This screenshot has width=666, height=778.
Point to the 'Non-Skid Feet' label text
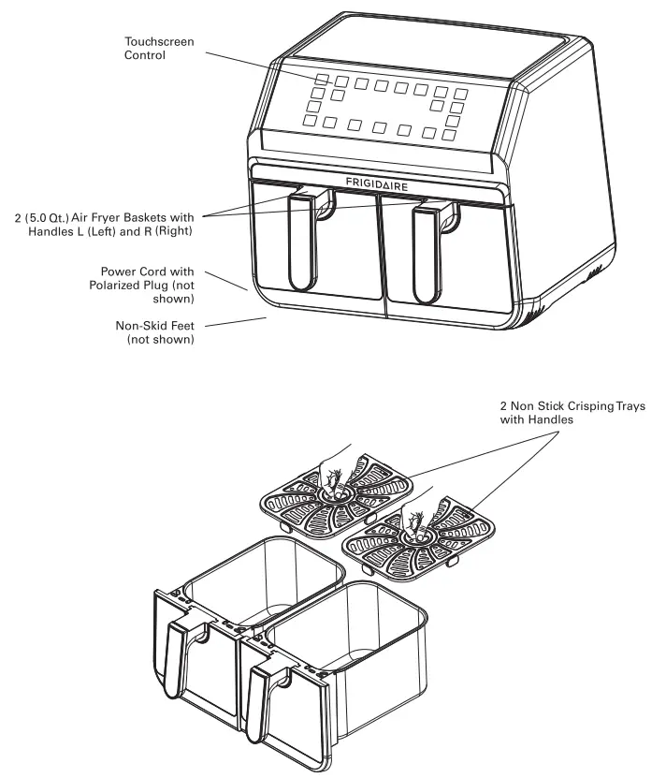coord(157,324)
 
